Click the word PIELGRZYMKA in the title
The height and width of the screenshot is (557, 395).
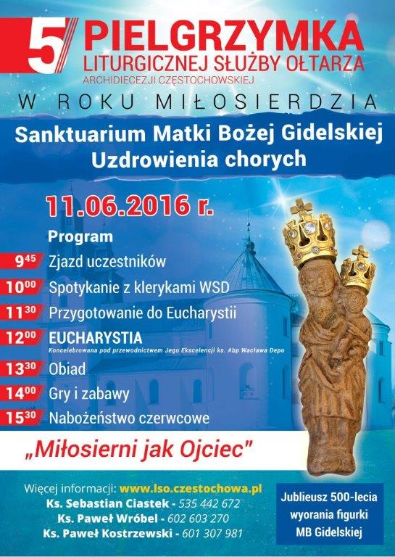coord(224,36)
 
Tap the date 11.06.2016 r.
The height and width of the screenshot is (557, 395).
coord(130,206)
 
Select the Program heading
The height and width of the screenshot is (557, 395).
coord(80,237)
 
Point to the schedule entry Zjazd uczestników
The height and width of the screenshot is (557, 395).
coord(107,261)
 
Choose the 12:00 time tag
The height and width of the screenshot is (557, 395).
coord(22,337)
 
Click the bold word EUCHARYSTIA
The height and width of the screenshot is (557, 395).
coord(96,337)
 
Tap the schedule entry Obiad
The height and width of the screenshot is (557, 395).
coord(67,369)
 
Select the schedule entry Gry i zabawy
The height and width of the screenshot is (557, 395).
coord(88,395)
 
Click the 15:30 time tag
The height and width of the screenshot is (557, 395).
coord(22,418)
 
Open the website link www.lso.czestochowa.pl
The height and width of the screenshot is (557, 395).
coord(191,489)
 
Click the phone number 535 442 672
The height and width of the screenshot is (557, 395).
coord(209,504)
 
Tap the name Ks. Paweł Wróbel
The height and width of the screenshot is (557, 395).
coord(107,519)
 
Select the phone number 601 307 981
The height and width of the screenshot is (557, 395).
coord(212,534)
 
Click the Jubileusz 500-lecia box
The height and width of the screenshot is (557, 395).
coord(329,513)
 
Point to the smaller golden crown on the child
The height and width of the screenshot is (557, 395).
coord(358,269)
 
